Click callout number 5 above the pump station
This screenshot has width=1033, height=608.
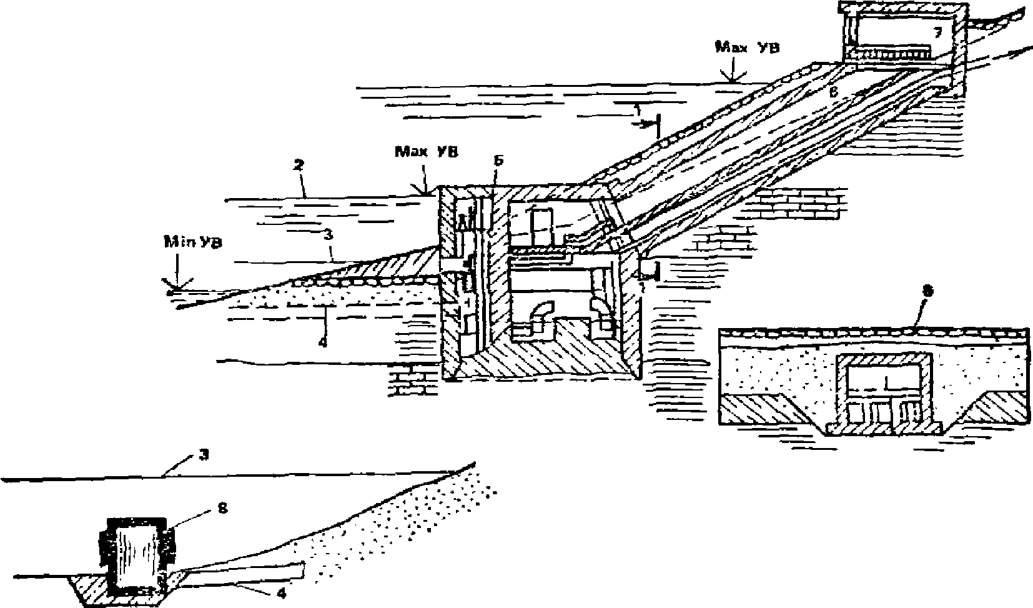tap(498, 161)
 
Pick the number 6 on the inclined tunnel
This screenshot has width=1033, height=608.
tap(832, 91)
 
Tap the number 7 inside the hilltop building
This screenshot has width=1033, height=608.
tap(937, 32)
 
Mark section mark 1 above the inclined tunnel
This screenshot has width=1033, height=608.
tap(637, 110)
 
